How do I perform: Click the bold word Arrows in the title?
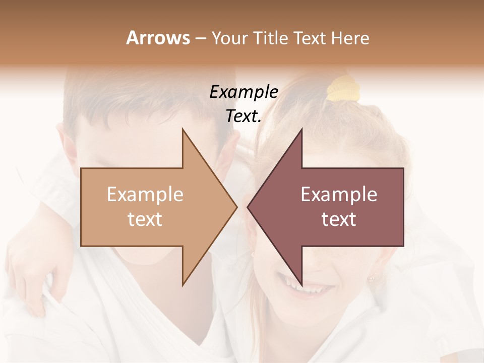click(158, 38)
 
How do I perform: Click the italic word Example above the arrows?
click(244, 92)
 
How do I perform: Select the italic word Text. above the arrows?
click(244, 116)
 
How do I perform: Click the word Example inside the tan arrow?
click(145, 194)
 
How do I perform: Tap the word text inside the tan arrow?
click(145, 219)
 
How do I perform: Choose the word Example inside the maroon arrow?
click(339, 194)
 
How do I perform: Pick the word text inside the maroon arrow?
click(339, 219)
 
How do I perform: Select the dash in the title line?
click(200, 38)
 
